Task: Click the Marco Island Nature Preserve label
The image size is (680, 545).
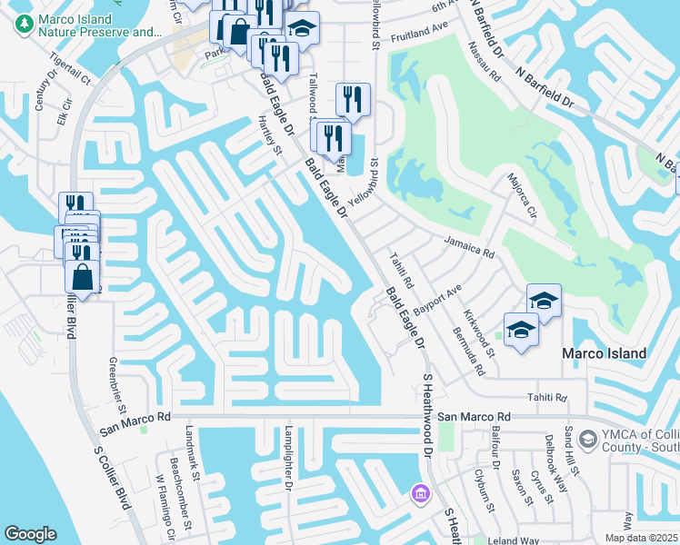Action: (x=90, y=26)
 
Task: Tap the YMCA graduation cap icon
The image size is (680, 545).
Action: (x=587, y=441)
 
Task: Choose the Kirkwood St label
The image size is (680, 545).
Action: (x=479, y=333)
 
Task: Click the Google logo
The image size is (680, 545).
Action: (x=31, y=534)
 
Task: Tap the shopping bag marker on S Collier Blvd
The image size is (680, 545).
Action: (x=82, y=277)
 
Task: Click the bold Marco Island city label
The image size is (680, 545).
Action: (x=604, y=353)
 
